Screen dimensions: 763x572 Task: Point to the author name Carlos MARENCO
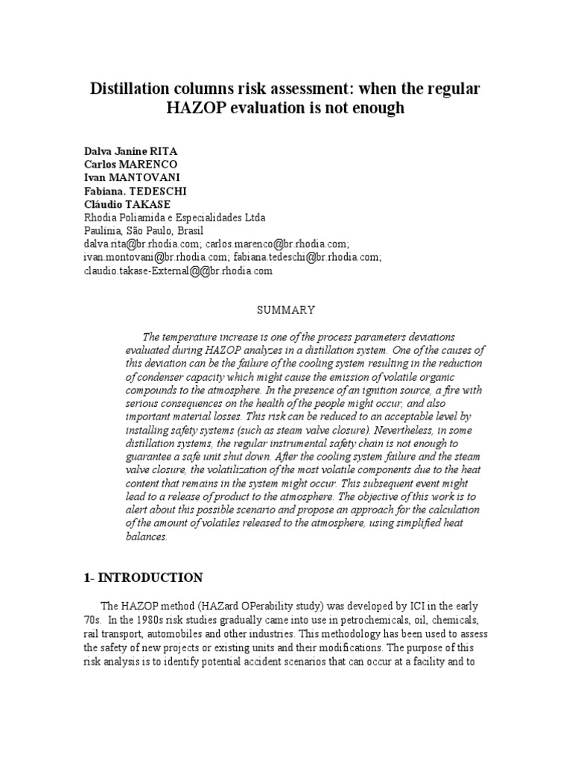click(131, 164)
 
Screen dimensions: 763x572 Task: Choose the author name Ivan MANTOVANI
click(128, 177)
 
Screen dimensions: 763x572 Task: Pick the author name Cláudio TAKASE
click(129, 204)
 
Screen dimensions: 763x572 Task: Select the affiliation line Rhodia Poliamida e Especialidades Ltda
click(174, 218)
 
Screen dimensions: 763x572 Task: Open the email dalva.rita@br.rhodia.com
click(142, 244)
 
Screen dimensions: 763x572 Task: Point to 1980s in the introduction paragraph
click(170, 621)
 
